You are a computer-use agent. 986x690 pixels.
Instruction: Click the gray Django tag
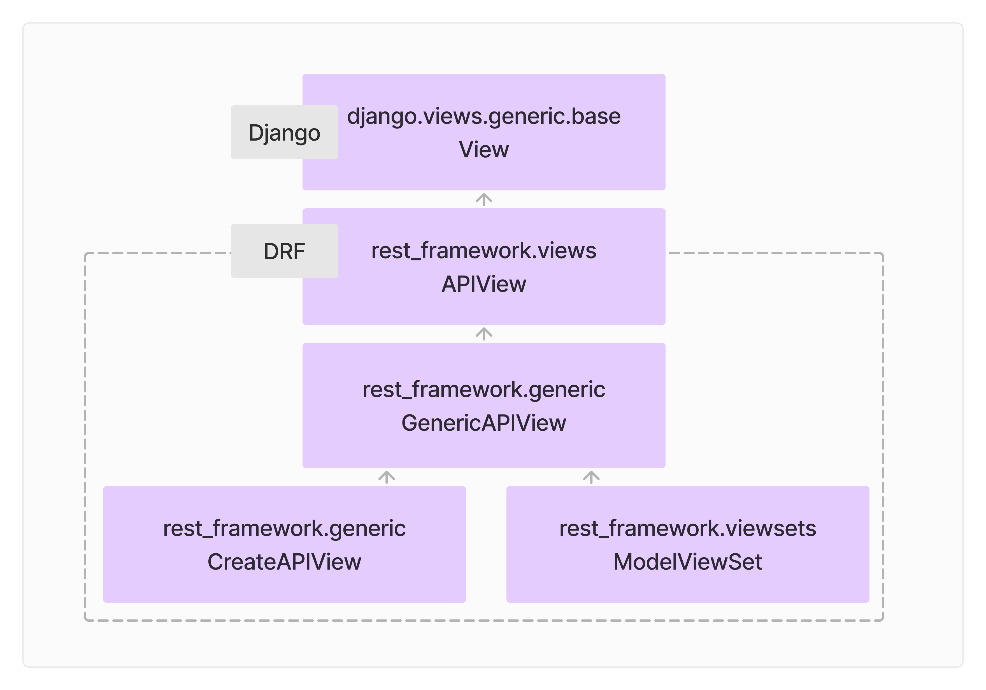point(284,132)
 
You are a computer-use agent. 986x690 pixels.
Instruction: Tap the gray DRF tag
point(284,251)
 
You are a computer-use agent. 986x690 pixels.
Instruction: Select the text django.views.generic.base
point(483,116)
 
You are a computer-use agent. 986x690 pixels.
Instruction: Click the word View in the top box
point(483,150)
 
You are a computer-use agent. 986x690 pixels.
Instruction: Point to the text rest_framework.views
point(483,251)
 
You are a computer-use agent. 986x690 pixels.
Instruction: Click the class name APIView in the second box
point(483,284)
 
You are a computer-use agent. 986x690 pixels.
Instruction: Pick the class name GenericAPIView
point(483,423)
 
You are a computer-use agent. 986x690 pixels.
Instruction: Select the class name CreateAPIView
point(284,562)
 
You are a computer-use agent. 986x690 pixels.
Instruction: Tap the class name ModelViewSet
point(687,562)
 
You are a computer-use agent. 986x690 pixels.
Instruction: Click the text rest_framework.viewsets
point(687,528)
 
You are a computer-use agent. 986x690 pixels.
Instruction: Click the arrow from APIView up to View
point(484,200)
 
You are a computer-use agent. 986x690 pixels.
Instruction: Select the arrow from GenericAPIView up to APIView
point(484,334)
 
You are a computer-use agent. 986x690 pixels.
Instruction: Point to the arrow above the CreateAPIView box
point(387,477)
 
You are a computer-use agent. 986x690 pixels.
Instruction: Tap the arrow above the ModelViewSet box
point(591,477)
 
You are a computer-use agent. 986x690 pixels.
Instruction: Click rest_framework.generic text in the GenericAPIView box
point(483,390)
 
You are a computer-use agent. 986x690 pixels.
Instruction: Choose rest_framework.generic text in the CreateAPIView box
point(284,528)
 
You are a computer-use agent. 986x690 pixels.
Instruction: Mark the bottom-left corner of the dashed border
point(85,620)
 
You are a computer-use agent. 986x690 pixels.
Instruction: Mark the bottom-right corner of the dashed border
point(883,620)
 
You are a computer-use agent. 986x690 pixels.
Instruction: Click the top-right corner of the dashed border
point(883,254)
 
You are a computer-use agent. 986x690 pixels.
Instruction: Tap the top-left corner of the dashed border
point(85,254)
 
